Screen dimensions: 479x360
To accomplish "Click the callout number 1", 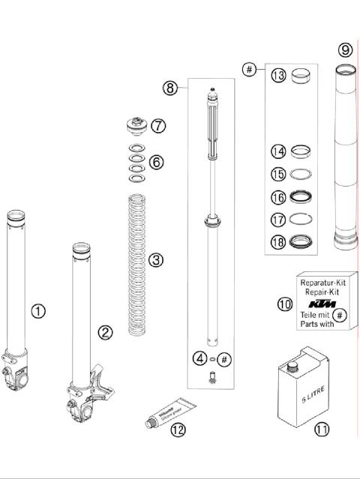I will (38, 310).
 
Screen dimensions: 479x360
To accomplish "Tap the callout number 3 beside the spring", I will (155, 260).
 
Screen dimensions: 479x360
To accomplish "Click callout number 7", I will (158, 126).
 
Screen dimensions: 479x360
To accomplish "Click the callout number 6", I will (155, 161).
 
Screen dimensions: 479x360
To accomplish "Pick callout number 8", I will (170, 88).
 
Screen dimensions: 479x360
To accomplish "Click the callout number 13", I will (278, 76).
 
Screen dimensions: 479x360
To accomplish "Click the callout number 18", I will (278, 242).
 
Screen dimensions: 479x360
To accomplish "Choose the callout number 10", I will (283, 304).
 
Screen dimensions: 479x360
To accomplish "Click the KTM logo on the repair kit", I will (322, 304).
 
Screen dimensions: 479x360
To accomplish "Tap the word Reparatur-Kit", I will (322, 283).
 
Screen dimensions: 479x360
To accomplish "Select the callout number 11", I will (322, 430).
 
